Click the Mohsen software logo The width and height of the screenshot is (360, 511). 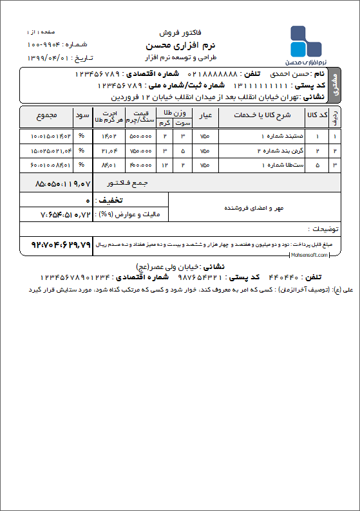305,44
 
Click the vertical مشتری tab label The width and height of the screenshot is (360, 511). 333,86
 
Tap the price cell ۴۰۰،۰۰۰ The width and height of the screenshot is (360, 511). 141,165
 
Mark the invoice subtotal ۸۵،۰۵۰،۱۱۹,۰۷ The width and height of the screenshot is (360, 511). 56,183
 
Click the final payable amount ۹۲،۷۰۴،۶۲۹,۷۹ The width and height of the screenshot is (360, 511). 57,245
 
